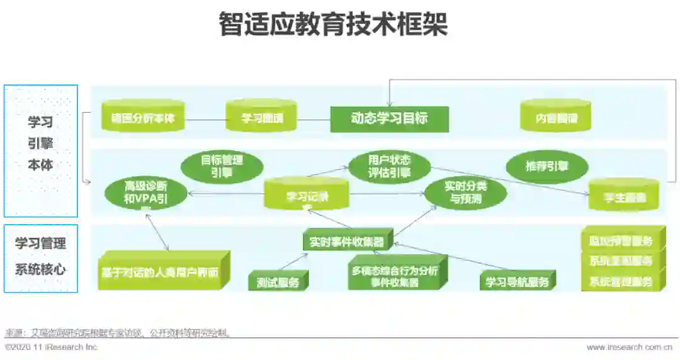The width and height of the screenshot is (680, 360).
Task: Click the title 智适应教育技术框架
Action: click(333, 25)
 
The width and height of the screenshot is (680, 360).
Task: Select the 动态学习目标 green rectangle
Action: click(389, 118)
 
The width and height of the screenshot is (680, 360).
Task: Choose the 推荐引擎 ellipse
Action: click(547, 167)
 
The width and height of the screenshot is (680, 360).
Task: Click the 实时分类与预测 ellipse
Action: click(465, 193)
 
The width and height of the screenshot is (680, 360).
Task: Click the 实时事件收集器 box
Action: click(347, 241)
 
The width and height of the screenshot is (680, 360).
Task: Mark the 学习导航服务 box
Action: click(516, 281)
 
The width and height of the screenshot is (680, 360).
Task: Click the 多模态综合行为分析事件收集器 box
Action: click(394, 276)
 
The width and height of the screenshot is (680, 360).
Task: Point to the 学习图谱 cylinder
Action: click(261, 117)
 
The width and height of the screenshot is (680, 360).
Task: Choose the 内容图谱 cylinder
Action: click(556, 117)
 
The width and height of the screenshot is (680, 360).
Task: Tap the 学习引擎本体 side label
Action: click(40, 143)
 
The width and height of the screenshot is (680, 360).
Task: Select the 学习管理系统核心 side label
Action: click(40, 256)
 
